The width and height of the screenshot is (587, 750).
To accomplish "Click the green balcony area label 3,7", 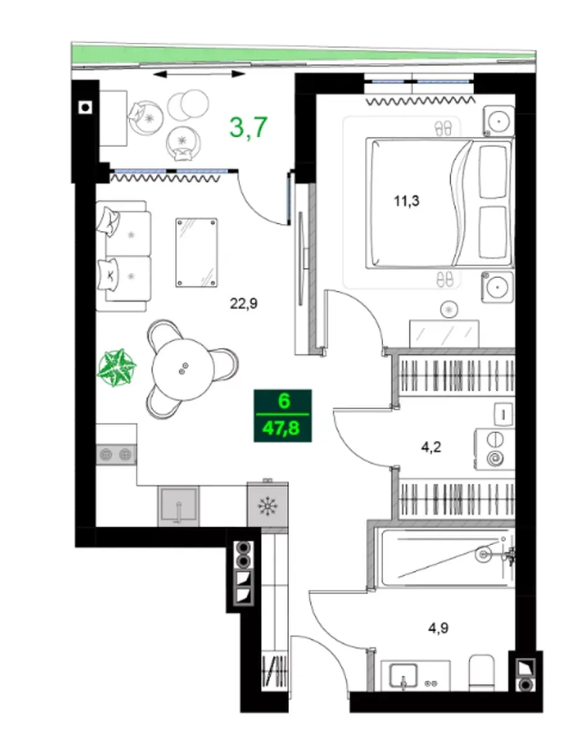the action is tap(249, 127).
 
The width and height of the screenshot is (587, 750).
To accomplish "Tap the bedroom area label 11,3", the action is tap(407, 201).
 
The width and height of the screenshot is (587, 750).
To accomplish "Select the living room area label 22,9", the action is tap(244, 303).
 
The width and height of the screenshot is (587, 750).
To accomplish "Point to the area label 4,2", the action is tap(431, 447).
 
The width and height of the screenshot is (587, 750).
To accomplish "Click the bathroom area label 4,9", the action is tap(439, 628).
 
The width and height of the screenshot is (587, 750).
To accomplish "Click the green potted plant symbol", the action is tap(117, 368).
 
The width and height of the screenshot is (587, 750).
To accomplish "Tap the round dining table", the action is tap(183, 370).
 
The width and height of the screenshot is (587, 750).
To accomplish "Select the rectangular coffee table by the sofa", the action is tap(196, 252).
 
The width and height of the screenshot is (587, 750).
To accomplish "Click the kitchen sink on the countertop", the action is tap(178, 507).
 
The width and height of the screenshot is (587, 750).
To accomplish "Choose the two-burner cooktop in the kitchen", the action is tap(116, 455).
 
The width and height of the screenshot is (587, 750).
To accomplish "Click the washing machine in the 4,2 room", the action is tap(495, 449).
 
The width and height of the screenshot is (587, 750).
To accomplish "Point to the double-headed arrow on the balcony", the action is tap(199, 74).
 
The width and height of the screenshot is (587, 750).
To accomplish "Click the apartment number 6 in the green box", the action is tap(284, 402).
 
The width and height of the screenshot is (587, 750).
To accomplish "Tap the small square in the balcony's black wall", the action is tap(85, 108).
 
